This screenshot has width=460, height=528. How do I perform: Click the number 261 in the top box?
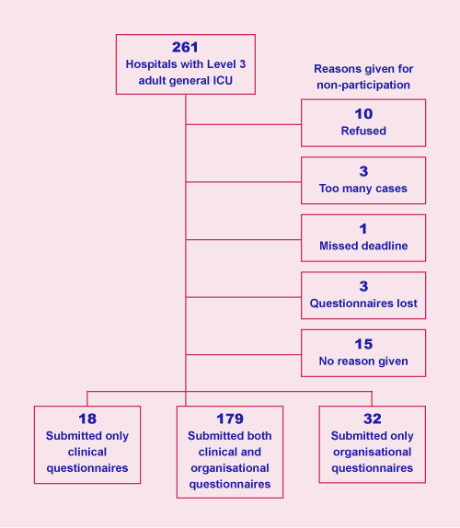click(185, 47)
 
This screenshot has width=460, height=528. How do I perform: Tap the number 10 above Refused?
click(363, 114)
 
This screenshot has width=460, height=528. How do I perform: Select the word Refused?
click(363, 131)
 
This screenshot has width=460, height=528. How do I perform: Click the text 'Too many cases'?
click(363, 189)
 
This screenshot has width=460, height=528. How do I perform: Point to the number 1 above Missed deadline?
click(363, 229)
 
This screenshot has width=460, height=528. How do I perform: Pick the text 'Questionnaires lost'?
click(363, 304)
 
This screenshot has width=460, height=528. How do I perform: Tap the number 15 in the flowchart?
click(363, 344)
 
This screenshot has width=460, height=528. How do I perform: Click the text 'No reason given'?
click(363, 361)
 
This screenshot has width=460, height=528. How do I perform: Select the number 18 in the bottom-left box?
click(87, 419)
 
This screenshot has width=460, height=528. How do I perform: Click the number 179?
click(230, 419)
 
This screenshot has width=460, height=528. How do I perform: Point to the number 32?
click(373, 419)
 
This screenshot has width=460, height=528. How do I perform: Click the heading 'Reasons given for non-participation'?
click(363, 76)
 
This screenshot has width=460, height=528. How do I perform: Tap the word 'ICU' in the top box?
click(223, 81)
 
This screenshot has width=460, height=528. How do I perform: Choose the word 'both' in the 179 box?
click(259, 436)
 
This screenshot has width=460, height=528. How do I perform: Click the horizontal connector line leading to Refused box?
click(243, 124)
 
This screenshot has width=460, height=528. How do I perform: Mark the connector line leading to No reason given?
click(243, 354)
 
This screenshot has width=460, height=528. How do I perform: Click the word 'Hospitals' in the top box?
click(152, 64)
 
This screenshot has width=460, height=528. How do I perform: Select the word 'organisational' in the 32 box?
click(372, 452)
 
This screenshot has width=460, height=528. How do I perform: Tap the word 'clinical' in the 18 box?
click(87, 452)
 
